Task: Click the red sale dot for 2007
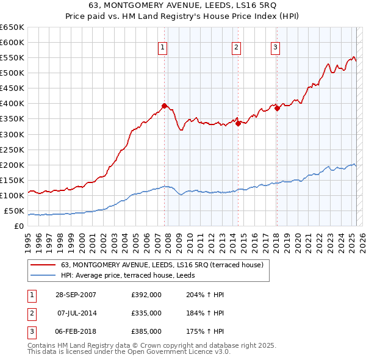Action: click(x=164, y=106)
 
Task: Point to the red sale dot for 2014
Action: click(x=237, y=123)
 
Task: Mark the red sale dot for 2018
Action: click(x=277, y=108)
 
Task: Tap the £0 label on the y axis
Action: click(x=19, y=226)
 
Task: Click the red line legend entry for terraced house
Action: click(x=162, y=265)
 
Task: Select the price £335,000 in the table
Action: click(x=146, y=313)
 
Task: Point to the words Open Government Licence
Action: click(x=178, y=351)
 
